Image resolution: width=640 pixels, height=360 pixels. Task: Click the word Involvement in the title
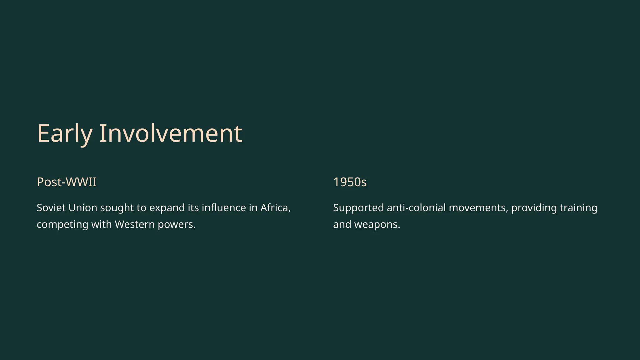[171, 134]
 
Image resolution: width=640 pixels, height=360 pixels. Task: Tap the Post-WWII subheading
[67, 182]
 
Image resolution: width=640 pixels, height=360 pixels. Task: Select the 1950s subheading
[350, 182]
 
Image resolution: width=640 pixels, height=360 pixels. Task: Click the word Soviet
[50, 208]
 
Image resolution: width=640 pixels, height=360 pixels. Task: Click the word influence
[224, 208]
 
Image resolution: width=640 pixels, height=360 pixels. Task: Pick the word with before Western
[101, 224]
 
